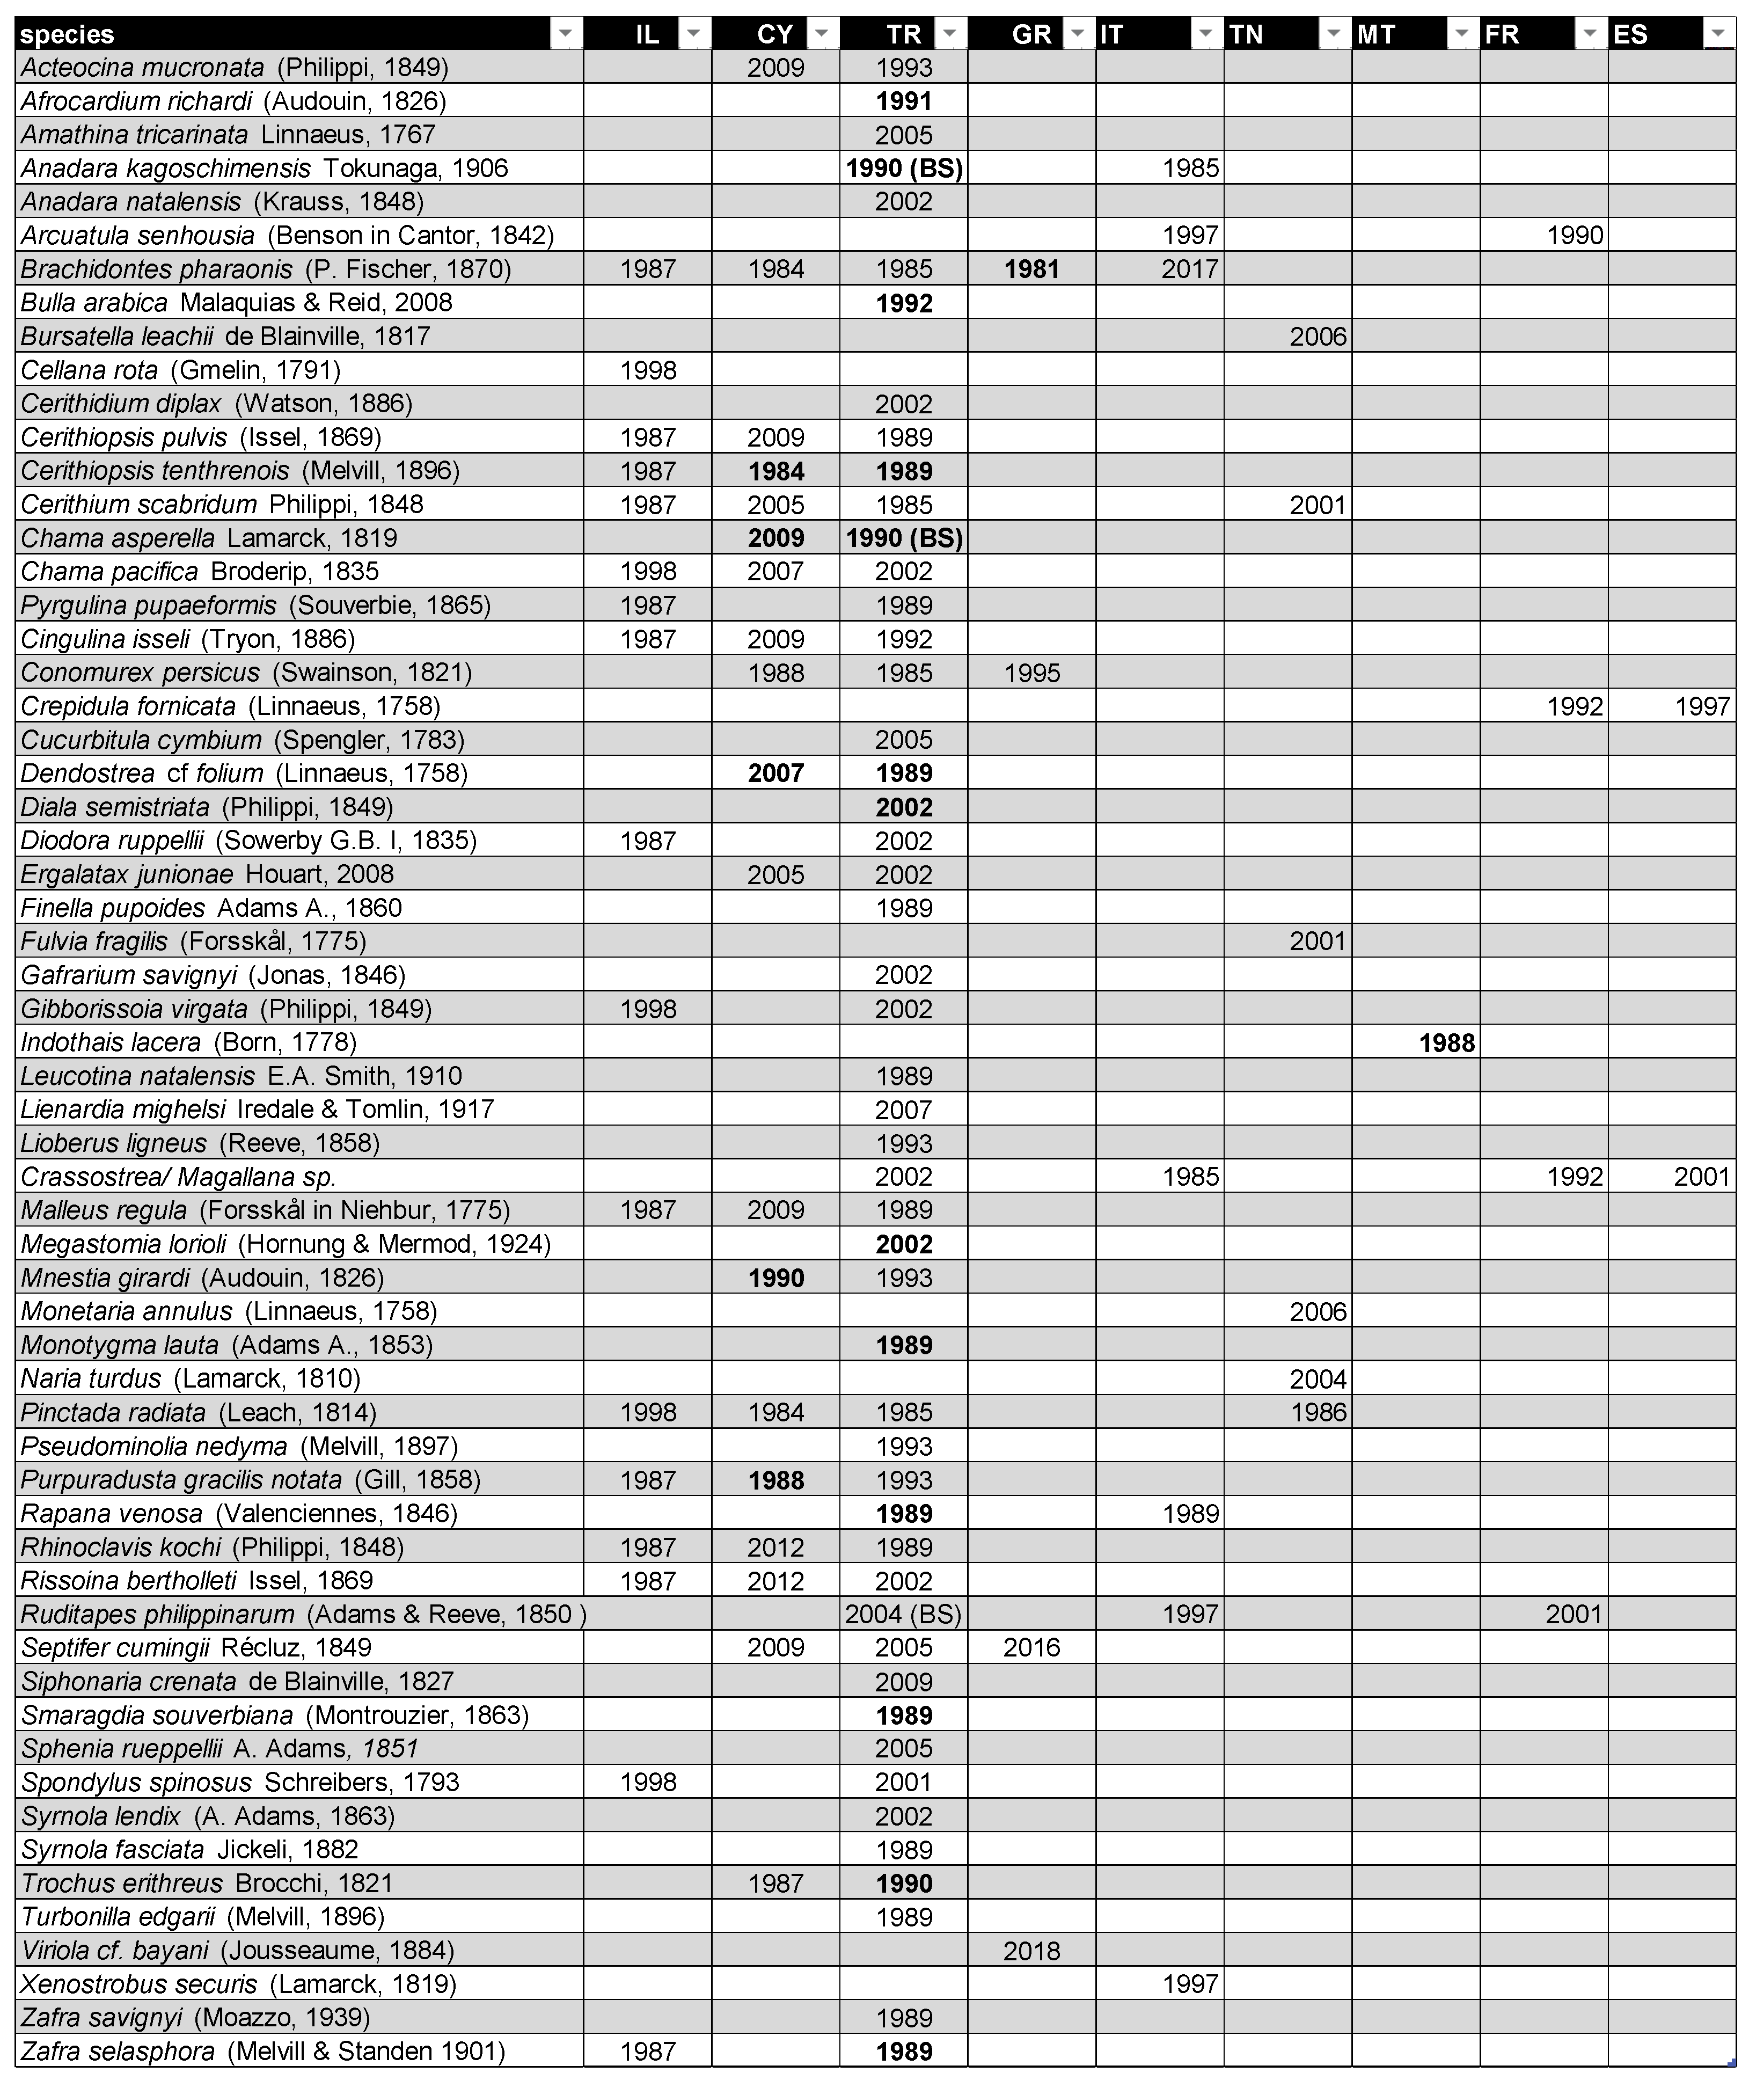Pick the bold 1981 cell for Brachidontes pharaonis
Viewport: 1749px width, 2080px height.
[x=1031, y=269]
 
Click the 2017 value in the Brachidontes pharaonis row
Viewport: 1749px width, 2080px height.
[x=1190, y=269]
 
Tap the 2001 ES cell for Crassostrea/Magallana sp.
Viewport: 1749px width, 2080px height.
[x=1701, y=1177]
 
